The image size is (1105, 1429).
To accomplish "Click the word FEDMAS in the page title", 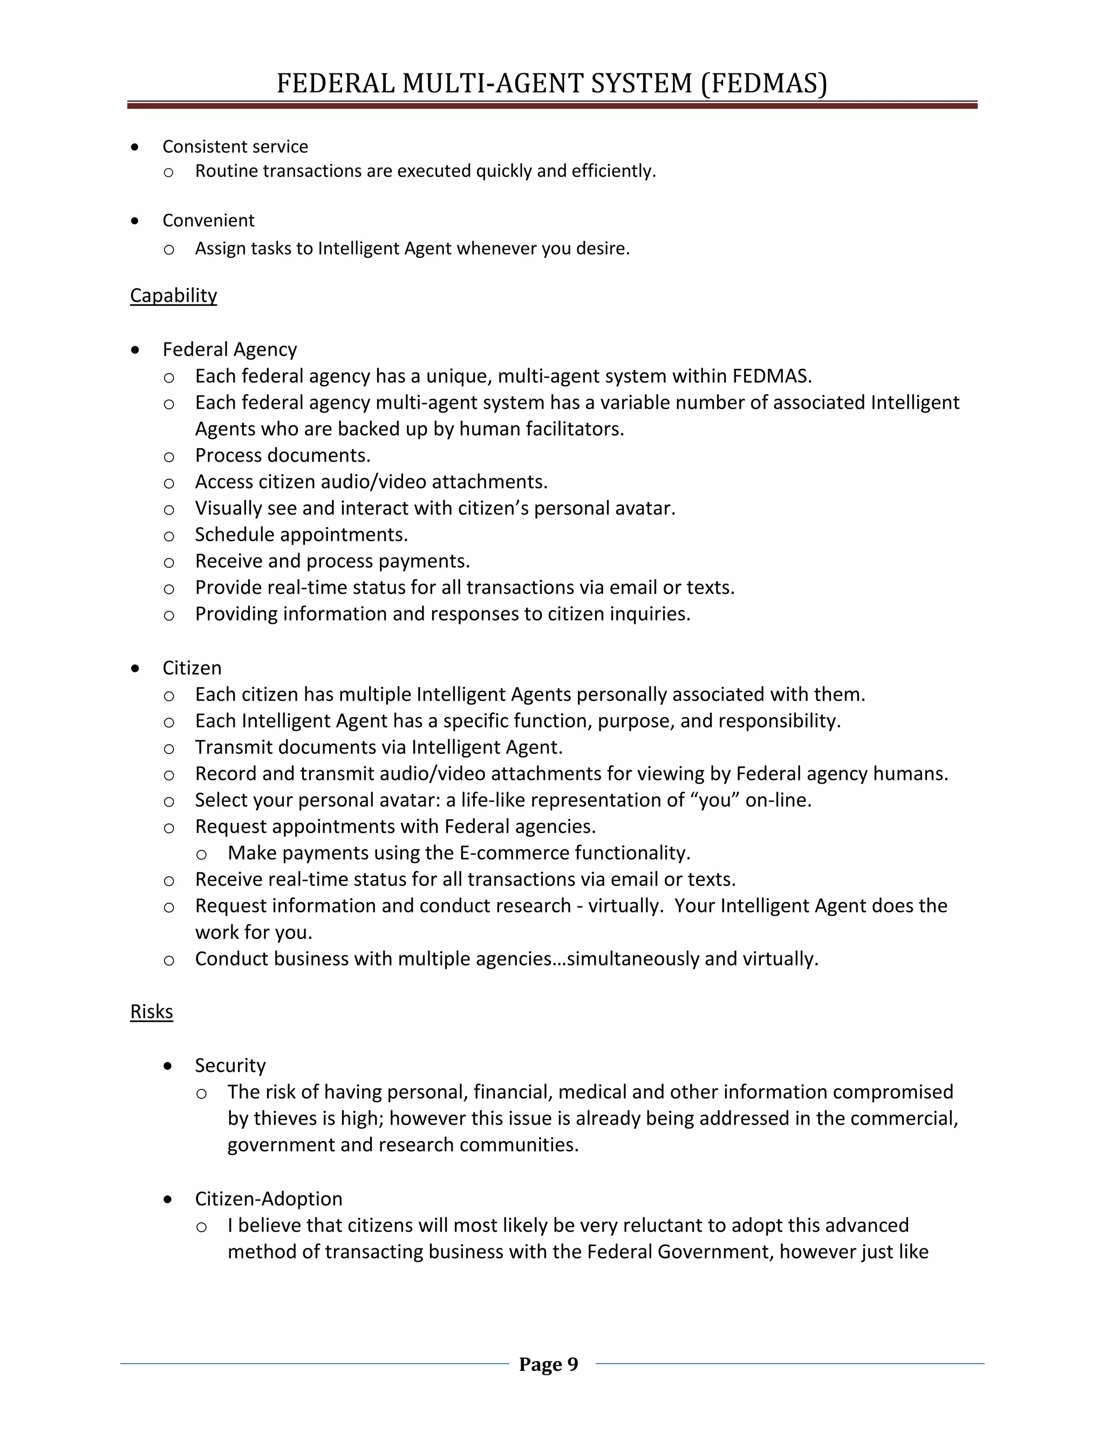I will (764, 84).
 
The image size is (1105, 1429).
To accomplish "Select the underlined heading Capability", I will (174, 295).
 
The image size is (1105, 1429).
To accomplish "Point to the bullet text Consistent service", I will (235, 147).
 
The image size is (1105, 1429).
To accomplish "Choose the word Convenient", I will (208, 221).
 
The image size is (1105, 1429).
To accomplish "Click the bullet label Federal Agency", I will (229, 349).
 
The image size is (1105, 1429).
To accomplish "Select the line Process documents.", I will (283, 456).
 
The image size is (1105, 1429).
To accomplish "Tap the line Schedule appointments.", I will (301, 534).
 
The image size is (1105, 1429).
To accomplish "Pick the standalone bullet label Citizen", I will (192, 668).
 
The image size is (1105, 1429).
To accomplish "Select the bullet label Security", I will (230, 1066).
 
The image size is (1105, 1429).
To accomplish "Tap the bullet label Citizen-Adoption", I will (268, 1199).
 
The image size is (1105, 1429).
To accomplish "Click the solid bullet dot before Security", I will (168, 1067).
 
